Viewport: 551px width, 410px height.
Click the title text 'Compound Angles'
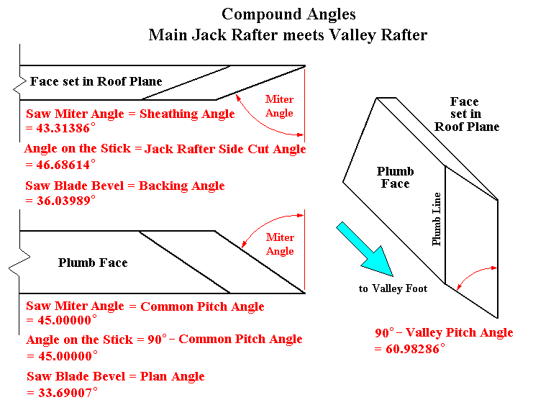click(288, 14)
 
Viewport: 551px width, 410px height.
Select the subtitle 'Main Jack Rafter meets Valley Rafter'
click(288, 35)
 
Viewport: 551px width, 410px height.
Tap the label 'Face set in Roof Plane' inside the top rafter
click(96, 81)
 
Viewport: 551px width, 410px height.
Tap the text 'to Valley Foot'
click(393, 288)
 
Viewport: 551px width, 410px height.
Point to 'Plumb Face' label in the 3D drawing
click(395, 177)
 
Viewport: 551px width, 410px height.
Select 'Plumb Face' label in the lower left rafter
click(93, 263)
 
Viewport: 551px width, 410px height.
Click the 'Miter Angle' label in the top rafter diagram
click(279, 106)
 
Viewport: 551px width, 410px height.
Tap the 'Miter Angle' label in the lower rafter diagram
click(280, 244)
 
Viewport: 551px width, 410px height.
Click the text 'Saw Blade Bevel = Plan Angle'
click(116, 376)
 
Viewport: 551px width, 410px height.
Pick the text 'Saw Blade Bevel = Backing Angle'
click(126, 186)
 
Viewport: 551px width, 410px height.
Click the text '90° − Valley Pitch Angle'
click(444, 332)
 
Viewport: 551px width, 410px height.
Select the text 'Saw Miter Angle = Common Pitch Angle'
click(145, 306)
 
